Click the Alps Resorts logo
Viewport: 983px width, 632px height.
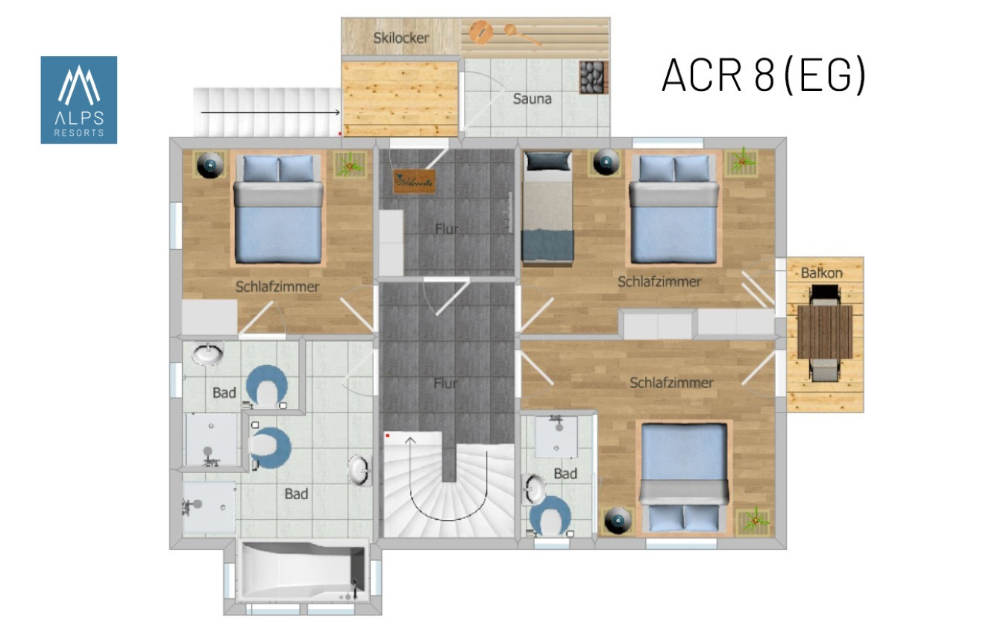[79, 100]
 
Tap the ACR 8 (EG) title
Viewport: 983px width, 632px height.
[764, 75]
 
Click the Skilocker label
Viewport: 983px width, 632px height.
[401, 38]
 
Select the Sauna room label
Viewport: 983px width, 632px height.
[533, 98]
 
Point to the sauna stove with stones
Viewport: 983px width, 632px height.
[594, 78]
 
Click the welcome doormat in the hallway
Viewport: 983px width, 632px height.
[414, 181]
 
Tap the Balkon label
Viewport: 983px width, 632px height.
[821, 273]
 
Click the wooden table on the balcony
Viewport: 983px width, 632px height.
[825, 332]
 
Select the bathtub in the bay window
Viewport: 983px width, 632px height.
[301, 572]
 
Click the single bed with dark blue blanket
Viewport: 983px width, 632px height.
[547, 209]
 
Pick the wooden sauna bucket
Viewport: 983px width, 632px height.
[481, 31]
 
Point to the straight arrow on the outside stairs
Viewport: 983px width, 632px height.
[271, 113]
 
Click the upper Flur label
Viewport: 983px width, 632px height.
[447, 228]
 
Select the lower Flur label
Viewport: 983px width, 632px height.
[445, 383]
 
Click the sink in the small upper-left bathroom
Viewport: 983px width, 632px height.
[208, 354]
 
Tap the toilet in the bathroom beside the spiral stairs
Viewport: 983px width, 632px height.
[550, 516]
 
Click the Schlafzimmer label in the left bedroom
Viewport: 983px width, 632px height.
[277, 287]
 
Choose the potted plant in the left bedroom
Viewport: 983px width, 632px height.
[350, 165]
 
